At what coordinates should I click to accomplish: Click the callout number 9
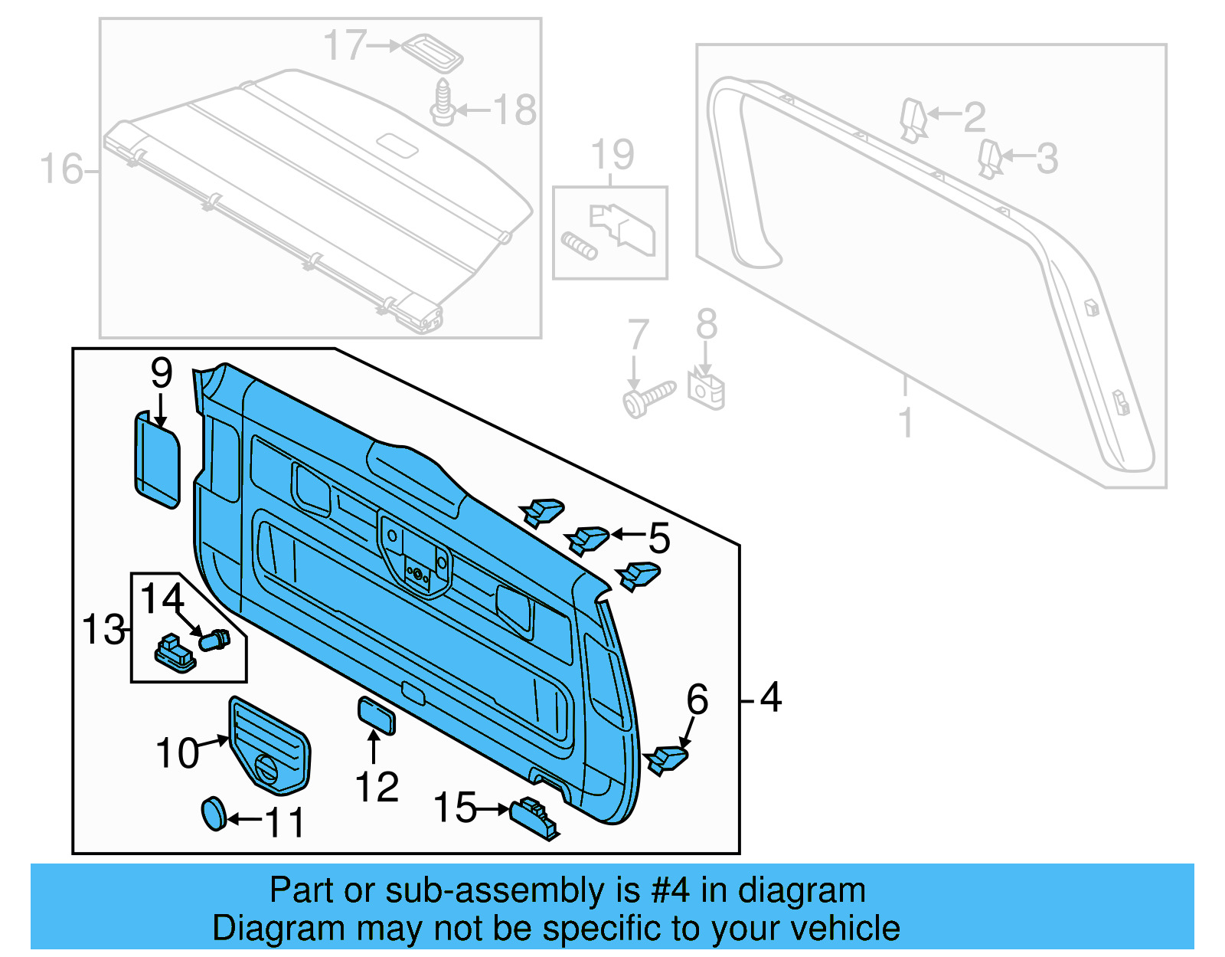pos(162,373)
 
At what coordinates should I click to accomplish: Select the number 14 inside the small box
pos(162,598)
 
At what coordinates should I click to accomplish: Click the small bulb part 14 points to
pos(214,639)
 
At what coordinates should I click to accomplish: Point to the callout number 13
pos(103,630)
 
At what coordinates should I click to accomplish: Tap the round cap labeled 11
pos(214,813)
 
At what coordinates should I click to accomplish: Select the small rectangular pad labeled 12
pos(377,716)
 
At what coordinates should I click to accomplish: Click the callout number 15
pos(455,808)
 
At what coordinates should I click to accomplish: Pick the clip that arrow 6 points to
pos(666,759)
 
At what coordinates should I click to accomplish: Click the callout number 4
pos(770,698)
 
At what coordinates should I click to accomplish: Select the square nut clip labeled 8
pos(706,389)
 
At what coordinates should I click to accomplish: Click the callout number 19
pos(612,156)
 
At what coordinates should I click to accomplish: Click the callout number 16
pos(60,169)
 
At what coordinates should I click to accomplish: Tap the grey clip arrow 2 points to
pos(913,120)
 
